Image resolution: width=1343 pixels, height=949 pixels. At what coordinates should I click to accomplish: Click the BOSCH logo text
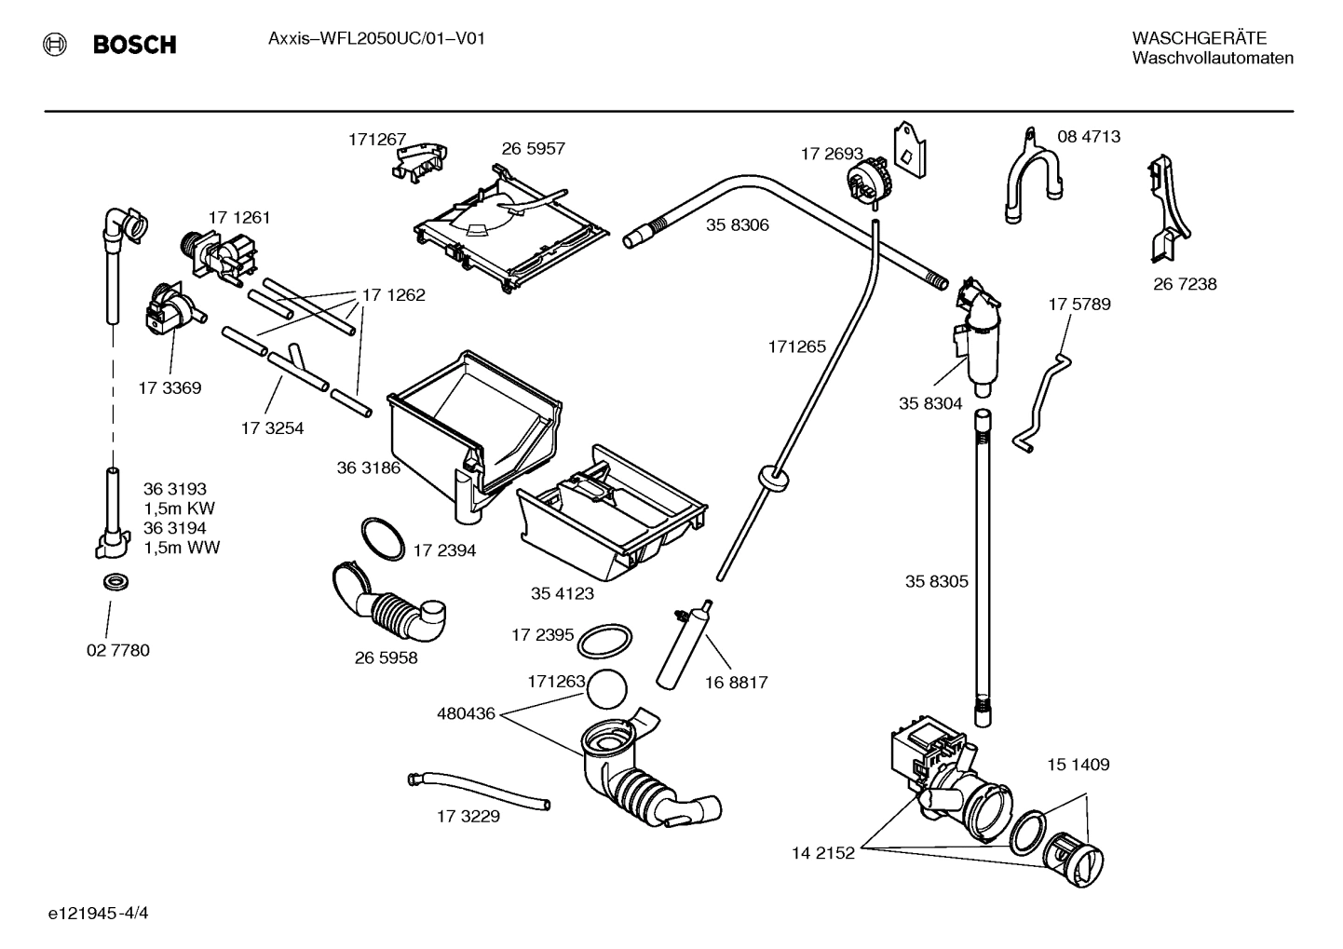pos(133,44)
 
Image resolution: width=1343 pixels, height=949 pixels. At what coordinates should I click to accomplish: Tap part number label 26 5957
pos(533,149)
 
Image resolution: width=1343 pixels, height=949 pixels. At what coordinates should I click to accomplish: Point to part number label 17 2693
pos(832,154)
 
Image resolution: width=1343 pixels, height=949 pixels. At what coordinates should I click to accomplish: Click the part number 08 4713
pos(1088,137)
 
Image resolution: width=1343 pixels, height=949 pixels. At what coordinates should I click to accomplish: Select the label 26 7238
pos(1185,284)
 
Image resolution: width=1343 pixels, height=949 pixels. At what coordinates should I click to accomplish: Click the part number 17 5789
pos(1078,305)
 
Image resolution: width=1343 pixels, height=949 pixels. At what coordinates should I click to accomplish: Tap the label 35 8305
pos(936,581)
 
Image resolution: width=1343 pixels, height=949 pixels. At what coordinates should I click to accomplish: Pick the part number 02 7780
pos(117,650)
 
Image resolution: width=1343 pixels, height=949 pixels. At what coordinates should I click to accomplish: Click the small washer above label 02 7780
pos(115,583)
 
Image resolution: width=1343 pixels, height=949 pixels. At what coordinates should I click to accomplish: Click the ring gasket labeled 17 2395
pos(604,641)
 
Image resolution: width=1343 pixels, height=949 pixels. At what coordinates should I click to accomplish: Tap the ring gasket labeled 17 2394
pos(382,538)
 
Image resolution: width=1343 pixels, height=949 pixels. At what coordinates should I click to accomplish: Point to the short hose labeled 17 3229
pos(479,790)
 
